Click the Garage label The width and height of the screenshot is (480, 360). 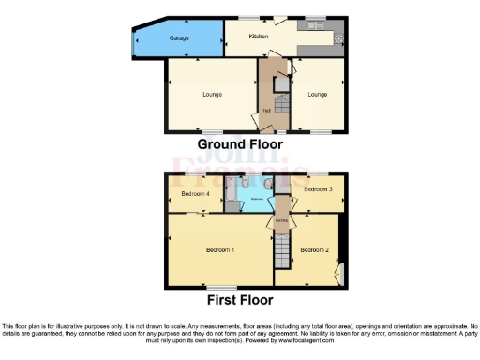tap(179, 38)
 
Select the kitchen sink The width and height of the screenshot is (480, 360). tap(310, 25)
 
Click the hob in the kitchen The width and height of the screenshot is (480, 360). tap(338, 38)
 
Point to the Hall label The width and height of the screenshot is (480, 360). tap(268, 111)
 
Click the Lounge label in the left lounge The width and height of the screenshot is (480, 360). tap(211, 94)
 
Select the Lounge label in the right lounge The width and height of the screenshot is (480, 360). tap(318, 94)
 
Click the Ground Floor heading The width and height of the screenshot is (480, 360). tap(240, 144)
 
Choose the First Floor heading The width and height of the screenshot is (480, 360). tap(240, 300)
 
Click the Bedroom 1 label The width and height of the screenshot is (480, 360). tap(220, 249)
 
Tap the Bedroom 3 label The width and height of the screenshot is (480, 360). tap(319, 189)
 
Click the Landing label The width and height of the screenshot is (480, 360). tap(281, 221)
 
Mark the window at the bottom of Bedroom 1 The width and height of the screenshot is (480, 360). tap(220, 285)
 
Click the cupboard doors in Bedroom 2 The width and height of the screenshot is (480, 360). tap(340, 273)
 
